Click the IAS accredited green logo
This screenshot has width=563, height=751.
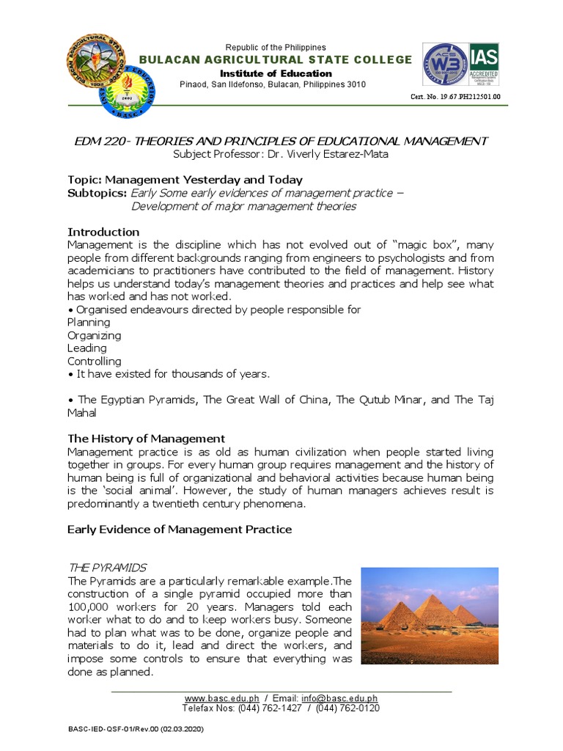click(x=484, y=65)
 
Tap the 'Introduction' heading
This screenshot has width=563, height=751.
click(x=103, y=232)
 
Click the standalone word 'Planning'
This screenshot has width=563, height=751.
click(x=89, y=323)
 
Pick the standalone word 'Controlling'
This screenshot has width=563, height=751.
click(x=95, y=362)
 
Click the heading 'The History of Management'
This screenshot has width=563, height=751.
click(x=146, y=439)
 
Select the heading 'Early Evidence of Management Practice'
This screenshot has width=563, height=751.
click(x=180, y=529)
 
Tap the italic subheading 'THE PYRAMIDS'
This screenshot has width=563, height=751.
click(x=107, y=568)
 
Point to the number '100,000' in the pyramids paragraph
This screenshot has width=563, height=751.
click(x=89, y=608)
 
